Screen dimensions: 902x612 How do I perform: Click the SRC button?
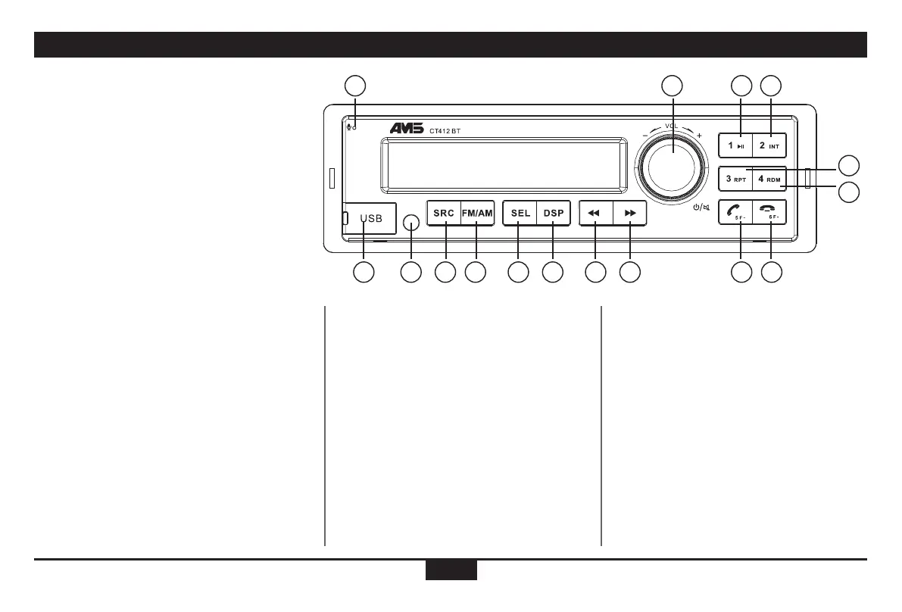coord(444,214)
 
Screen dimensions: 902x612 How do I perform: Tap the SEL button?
coord(520,214)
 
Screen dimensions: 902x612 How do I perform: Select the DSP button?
coord(554,214)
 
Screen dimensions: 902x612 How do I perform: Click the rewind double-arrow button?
coord(595,214)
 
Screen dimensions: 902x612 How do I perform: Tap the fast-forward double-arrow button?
coord(630,214)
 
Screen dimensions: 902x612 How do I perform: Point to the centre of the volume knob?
coord(673,164)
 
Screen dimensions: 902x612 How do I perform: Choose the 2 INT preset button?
coord(769,145)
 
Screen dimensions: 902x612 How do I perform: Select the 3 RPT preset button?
coord(735,180)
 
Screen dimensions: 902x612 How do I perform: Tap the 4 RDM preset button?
coord(769,180)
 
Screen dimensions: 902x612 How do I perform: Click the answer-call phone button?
coord(735,213)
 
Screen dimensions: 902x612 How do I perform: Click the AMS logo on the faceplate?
coord(411,130)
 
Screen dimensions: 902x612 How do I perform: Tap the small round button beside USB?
coord(411,223)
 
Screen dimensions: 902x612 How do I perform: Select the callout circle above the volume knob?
coord(672,86)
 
